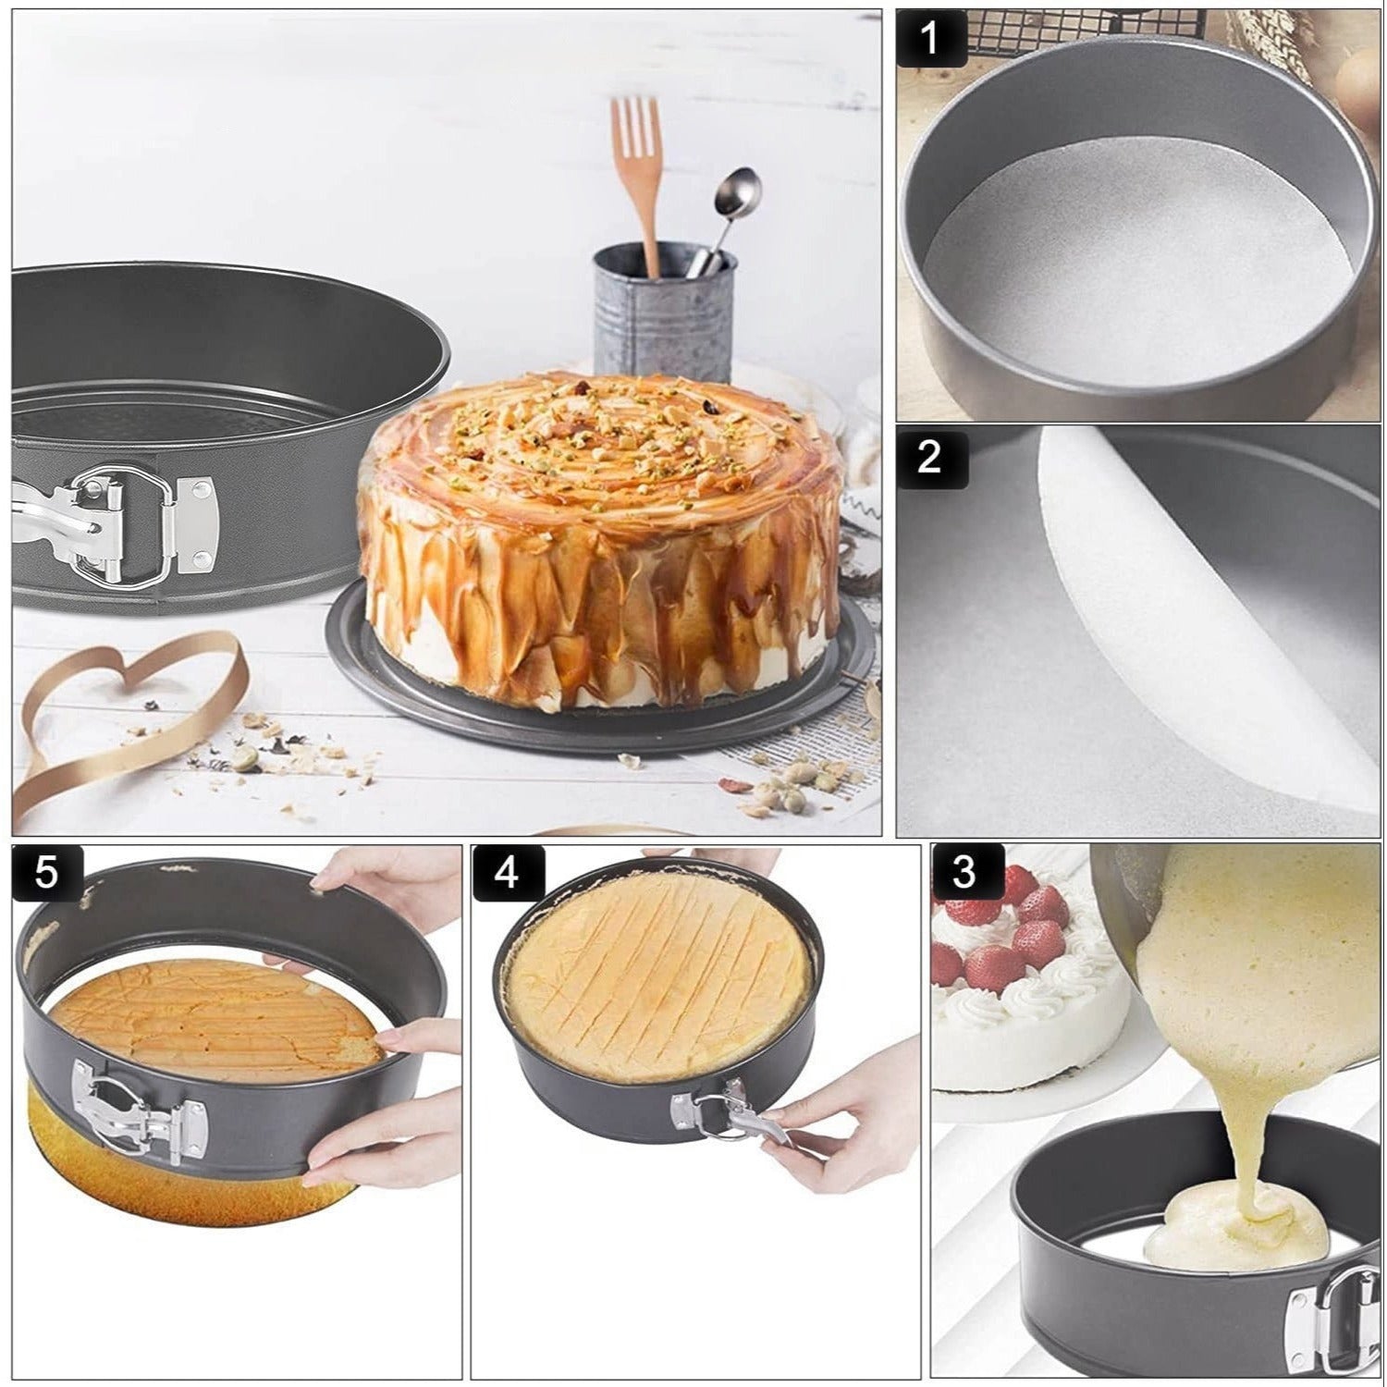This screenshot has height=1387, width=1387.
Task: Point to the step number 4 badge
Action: pos(507,873)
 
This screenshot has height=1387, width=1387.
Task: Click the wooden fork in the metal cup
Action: pos(637,166)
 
